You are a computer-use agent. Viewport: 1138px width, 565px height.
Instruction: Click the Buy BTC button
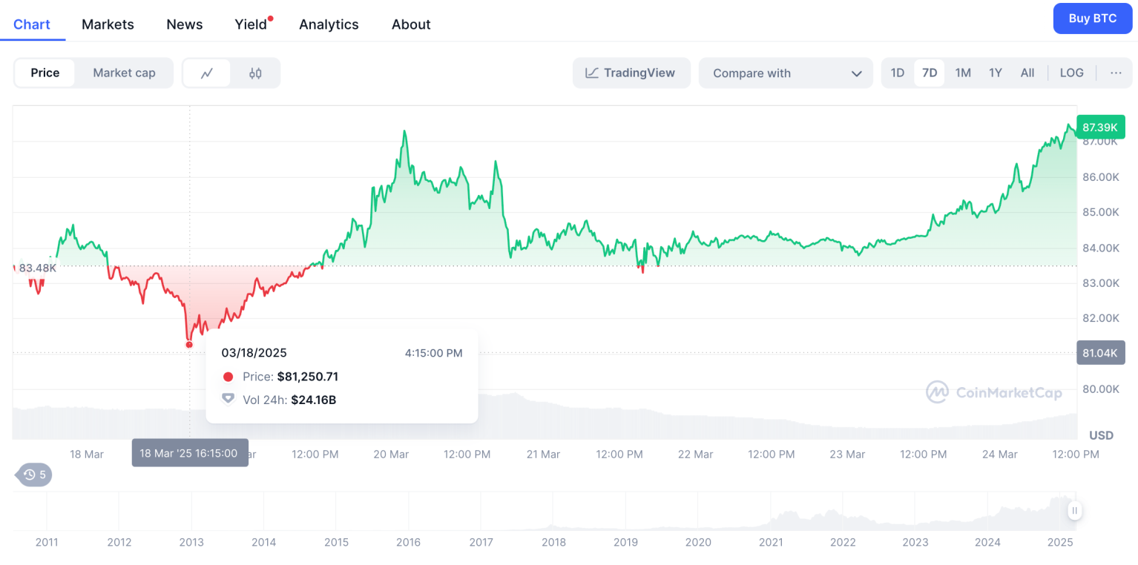tap(1092, 19)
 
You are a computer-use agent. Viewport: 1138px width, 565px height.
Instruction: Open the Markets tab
tap(108, 24)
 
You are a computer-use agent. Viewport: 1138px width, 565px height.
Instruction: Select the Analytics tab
tap(329, 24)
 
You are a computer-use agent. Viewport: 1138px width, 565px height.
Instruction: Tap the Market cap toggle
tap(124, 73)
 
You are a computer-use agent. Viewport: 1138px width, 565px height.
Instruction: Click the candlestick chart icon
tap(255, 73)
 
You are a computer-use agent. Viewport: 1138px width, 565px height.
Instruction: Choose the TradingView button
tap(631, 73)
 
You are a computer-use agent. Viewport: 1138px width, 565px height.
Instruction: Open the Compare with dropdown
tap(786, 73)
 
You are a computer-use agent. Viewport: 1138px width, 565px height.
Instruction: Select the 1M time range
tap(963, 73)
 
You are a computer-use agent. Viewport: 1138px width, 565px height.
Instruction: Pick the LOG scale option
tap(1071, 73)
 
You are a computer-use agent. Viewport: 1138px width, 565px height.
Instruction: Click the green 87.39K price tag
tap(1100, 128)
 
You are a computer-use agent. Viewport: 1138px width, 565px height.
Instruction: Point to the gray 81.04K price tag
tap(1100, 353)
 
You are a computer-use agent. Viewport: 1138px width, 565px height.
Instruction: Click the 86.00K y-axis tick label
tap(1100, 177)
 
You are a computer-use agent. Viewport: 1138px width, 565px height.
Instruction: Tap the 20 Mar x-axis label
tap(391, 454)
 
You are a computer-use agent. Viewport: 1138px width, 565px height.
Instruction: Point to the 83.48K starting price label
tap(37, 268)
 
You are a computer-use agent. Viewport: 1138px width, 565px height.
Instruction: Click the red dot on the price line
tap(189, 344)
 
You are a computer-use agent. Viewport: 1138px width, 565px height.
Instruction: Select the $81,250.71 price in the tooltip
tap(308, 377)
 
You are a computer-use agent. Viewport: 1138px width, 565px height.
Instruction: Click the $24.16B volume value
tap(313, 400)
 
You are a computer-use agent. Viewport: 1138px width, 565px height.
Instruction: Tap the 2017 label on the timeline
tap(481, 542)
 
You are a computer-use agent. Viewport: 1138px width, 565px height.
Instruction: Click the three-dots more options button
tap(1116, 73)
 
